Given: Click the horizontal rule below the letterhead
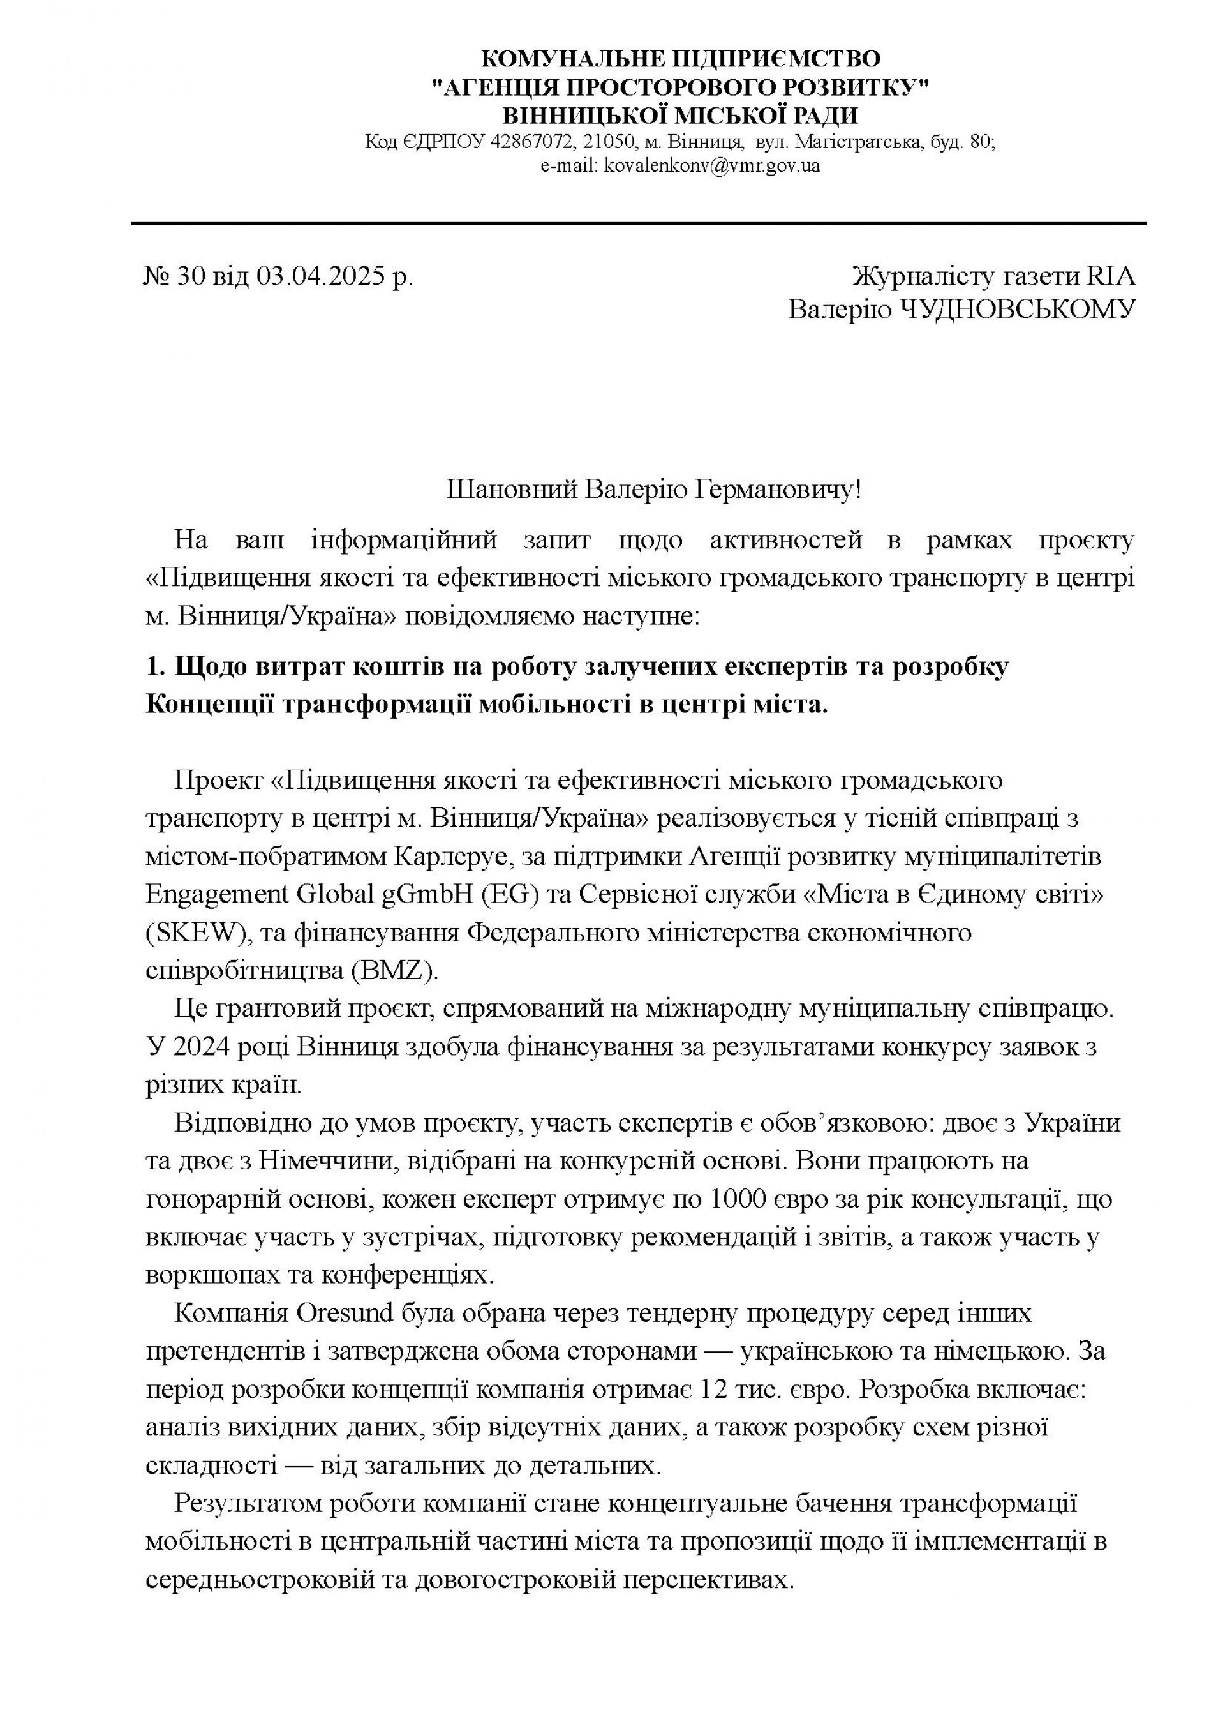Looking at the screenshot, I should coord(638,223).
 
